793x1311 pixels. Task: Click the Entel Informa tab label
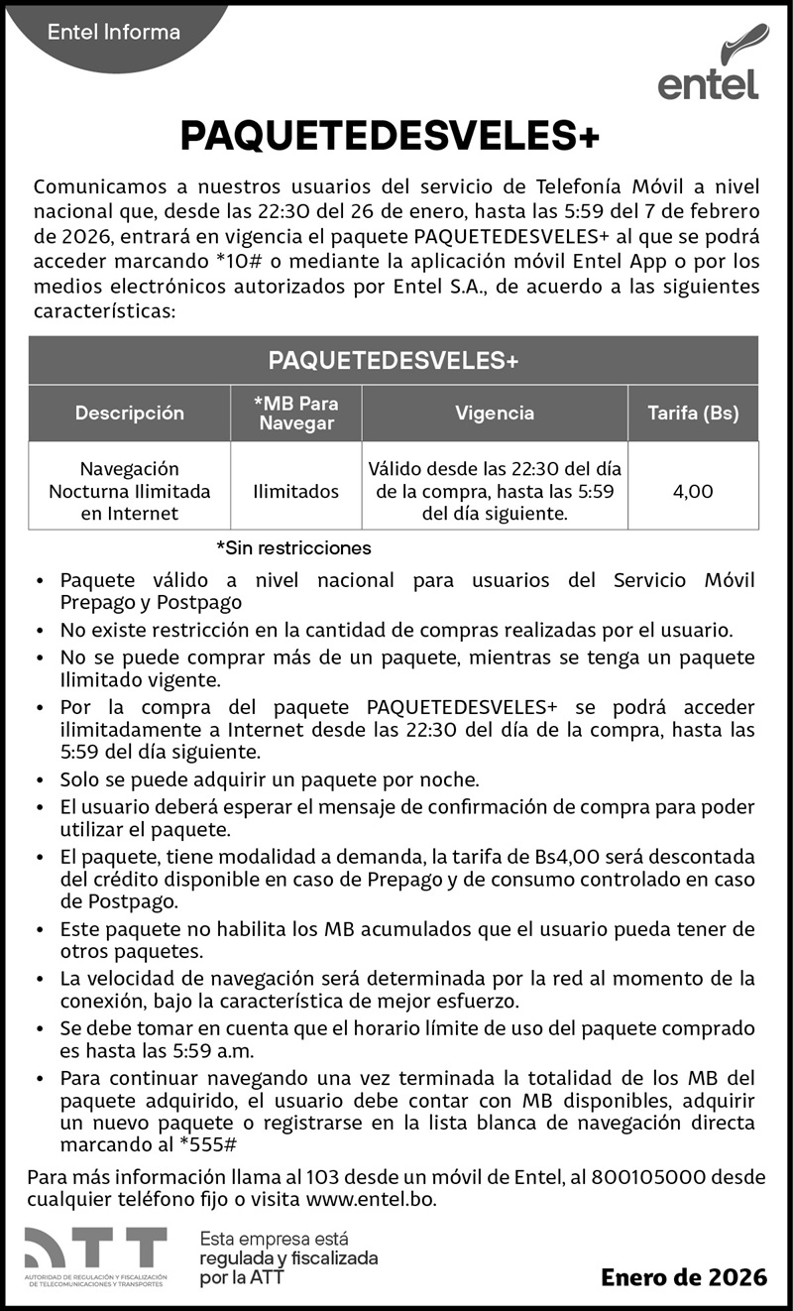click(x=114, y=33)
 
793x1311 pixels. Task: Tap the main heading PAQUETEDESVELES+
click(x=391, y=137)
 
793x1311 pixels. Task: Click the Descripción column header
click(x=130, y=414)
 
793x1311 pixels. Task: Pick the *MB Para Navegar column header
click(x=295, y=414)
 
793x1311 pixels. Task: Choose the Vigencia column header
click(x=495, y=414)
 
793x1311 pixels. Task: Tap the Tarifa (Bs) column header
click(x=693, y=414)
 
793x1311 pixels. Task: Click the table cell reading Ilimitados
click(x=295, y=491)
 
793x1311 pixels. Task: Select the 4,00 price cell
click(x=693, y=491)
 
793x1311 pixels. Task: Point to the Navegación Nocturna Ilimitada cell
click(x=130, y=491)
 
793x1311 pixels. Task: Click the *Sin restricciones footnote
click(x=293, y=547)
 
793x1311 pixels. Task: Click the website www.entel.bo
click(x=371, y=1199)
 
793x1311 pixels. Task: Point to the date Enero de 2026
click(x=684, y=1277)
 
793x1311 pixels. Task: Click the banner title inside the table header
click(x=394, y=361)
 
